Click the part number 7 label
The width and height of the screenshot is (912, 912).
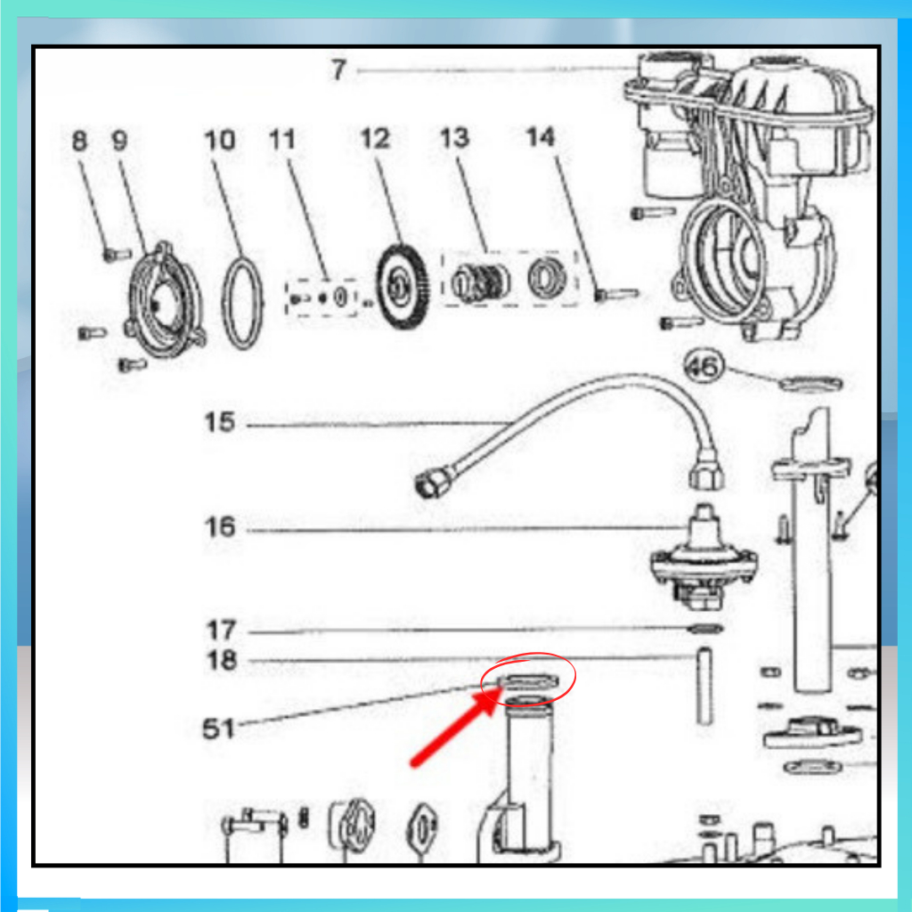tap(338, 69)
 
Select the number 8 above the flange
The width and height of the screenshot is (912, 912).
tap(79, 141)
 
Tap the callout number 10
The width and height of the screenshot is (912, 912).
tap(220, 140)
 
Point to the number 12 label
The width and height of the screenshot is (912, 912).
tap(375, 139)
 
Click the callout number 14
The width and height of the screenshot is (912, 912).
tap(541, 137)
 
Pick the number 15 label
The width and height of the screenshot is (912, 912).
tap(220, 422)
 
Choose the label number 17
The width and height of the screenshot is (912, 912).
tap(221, 630)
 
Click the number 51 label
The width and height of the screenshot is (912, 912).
tap(218, 729)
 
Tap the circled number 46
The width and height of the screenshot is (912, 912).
tap(704, 366)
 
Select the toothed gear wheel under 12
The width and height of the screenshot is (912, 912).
tap(403, 287)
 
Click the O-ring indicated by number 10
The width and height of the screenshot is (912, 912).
tap(242, 305)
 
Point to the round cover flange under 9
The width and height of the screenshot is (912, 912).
tap(166, 301)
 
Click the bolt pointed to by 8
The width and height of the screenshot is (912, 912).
tap(117, 255)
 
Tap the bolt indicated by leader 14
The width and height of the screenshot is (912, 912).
tap(616, 295)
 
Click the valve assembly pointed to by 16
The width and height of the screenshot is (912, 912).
tap(704, 559)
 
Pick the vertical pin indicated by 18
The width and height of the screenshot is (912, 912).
tap(705, 687)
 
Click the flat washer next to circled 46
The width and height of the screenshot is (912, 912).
tap(810, 384)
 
